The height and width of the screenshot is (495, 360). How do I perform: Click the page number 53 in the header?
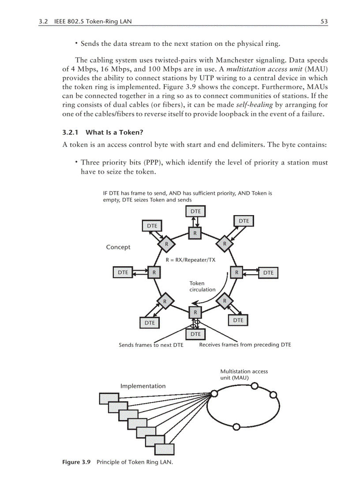click(x=324, y=21)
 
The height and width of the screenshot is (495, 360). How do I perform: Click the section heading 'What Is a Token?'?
click(x=114, y=132)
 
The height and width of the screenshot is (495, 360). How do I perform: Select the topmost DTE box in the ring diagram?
click(x=196, y=212)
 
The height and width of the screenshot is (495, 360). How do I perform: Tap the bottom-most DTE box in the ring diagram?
click(x=195, y=335)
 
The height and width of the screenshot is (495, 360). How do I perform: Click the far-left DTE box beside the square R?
click(x=123, y=272)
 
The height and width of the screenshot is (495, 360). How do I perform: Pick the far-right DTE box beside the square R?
click(x=268, y=273)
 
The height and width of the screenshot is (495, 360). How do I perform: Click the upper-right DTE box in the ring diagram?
click(x=244, y=221)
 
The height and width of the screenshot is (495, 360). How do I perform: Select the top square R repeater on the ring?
click(x=195, y=233)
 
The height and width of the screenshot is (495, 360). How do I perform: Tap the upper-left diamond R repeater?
click(x=166, y=243)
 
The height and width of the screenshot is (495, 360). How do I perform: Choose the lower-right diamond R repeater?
click(x=225, y=301)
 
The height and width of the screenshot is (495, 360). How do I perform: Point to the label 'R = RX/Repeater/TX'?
click(x=191, y=260)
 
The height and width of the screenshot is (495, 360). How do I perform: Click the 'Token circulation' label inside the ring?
click(x=202, y=287)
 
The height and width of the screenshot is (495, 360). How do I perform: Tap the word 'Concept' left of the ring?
click(x=118, y=247)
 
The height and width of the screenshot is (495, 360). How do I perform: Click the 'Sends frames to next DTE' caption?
click(x=151, y=345)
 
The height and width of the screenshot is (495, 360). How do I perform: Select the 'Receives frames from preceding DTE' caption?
click(x=245, y=345)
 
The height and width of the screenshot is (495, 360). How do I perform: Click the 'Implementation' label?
click(x=143, y=386)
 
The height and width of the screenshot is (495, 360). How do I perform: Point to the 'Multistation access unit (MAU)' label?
click(x=244, y=375)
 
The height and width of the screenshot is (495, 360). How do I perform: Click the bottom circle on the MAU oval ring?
click(x=236, y=427)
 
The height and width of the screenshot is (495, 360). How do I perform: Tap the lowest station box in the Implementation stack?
click(x=165, y=449)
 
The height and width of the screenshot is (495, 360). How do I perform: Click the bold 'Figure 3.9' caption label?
click(x=76, y=462)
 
